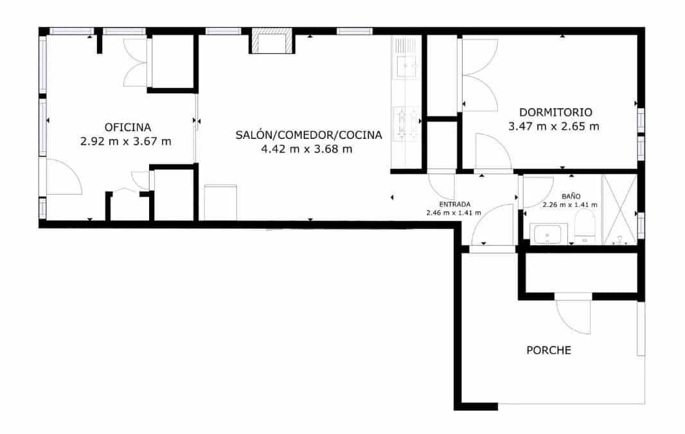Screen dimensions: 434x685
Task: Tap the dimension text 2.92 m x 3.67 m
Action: [x=126, y=141]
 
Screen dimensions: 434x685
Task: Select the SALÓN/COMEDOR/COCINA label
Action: [x=308, y=135]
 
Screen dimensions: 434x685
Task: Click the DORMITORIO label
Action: [x=555, y=111]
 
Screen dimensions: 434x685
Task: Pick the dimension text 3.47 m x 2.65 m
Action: [x=553, y=127]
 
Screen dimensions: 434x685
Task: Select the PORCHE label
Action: [x=549, y=350]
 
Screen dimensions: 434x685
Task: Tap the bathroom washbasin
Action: [x=546, y=234]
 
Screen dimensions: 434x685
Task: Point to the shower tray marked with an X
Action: [x=618, y=209]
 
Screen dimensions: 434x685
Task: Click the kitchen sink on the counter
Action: [x=405, y=65]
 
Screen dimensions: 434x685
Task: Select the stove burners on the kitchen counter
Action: [x=405, y=122]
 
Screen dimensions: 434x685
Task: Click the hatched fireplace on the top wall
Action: [x=270, y=41]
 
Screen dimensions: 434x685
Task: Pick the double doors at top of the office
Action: [x=136, y=62]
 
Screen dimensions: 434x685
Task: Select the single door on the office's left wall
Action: [x=63, y=176]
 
